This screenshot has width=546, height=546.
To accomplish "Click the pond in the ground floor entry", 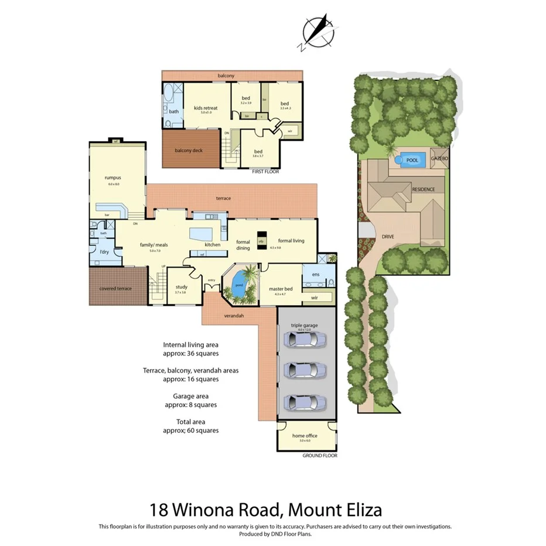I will tap(239, 286).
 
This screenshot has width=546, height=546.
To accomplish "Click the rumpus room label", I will tap(113, 178).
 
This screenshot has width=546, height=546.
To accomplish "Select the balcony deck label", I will tap(188, 151).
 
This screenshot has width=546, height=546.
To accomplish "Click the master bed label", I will tap(280, 289).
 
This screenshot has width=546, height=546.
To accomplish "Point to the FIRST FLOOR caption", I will tap(265, 172).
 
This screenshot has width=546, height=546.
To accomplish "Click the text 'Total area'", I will tap(190, 421).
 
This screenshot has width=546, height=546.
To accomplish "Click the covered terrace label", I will tap(116, 288).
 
